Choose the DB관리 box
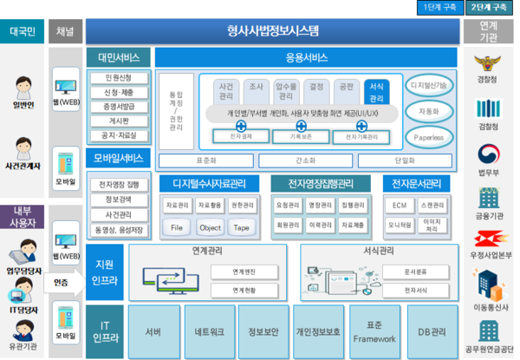(x=432, y=331)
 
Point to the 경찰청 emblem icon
(x=486, y=65)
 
